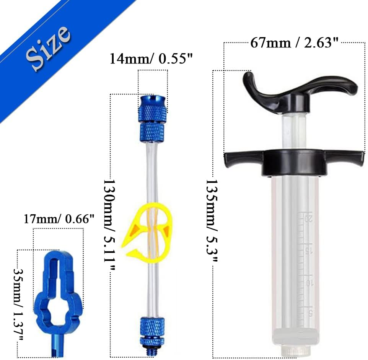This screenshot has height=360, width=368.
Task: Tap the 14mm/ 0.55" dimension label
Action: (x=151, y=59)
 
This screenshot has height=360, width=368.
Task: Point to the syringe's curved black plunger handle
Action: (x=298, y=88)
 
